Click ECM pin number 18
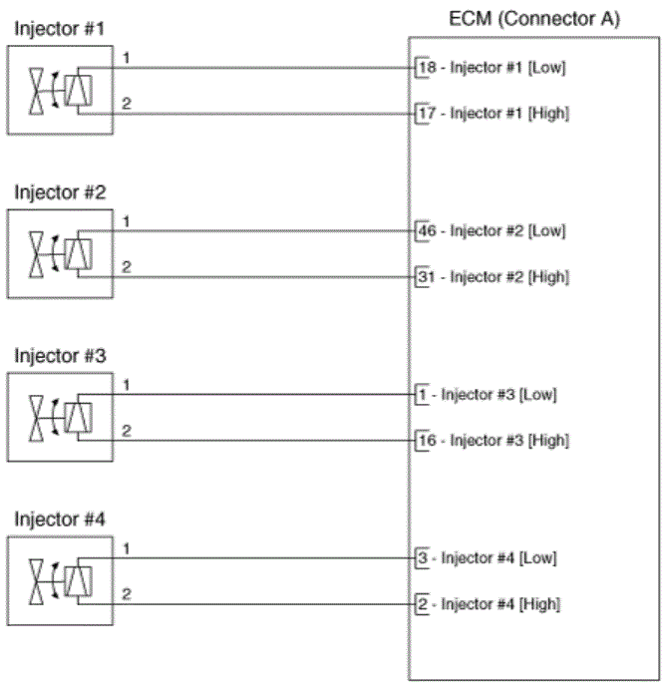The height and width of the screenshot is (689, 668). tap(427, 68)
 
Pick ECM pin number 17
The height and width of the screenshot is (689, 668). tap(427, 113)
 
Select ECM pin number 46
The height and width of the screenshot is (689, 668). tap(427, 231)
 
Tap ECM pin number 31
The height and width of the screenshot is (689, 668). tap(427, 276)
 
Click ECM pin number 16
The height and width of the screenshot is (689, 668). tap(427, 440)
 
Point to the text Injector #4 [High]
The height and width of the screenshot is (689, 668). tap(501, 603)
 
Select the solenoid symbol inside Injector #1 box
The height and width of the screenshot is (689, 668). tap(78, 91)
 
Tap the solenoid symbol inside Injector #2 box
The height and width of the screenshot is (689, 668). tap(78, 254)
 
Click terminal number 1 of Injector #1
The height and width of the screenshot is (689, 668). tap(126, 58)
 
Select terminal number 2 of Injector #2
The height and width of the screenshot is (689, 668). tap(126, 266)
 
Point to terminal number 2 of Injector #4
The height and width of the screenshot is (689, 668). tap(126, 593)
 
